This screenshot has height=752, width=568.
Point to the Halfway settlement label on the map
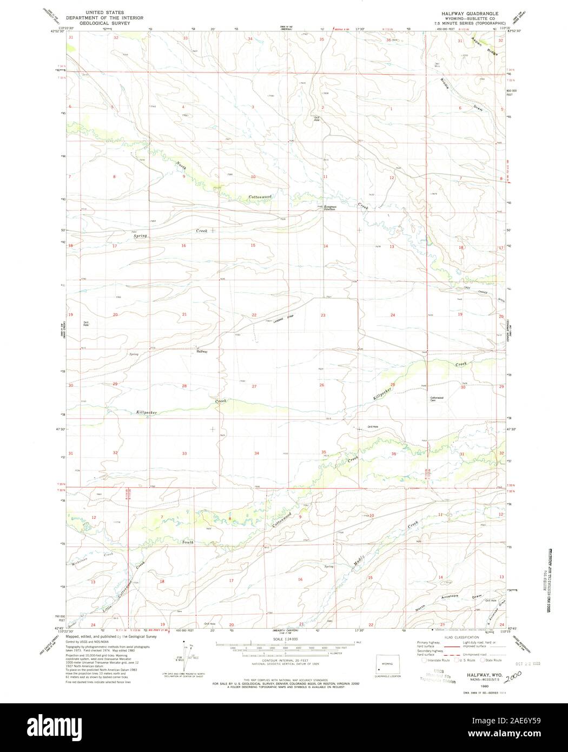click(x=202, y=352)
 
